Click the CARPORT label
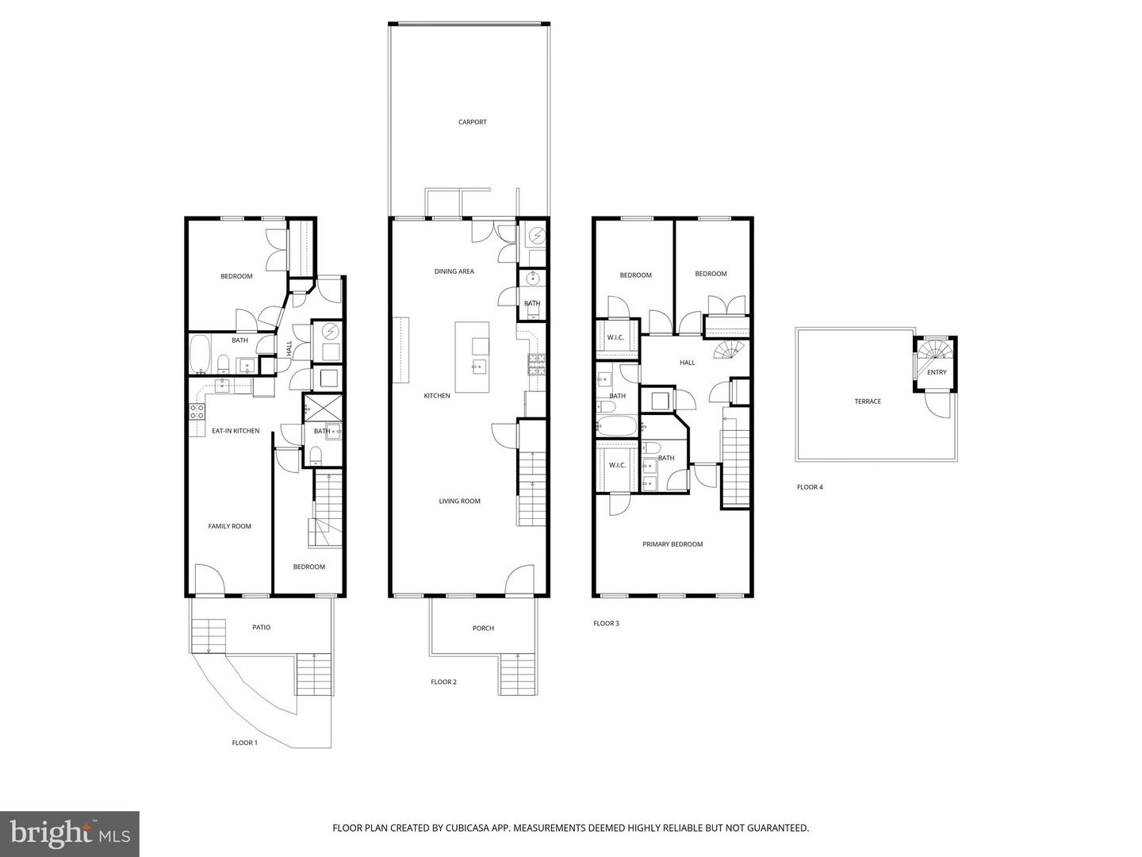(472, 122)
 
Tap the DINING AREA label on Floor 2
(454, 271)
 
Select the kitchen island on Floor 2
(472, 356)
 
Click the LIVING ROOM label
(459, 502)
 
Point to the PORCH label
(483, 628)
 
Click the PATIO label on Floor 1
(261, 628)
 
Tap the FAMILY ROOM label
(229, 526)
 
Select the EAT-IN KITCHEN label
(235, 431)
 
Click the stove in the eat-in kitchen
(197, 411)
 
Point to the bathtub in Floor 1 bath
(200, 354)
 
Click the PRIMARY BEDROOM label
(673, 544)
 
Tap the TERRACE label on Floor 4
(867, 402)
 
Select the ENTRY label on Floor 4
(937, 372)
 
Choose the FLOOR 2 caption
(443, 682)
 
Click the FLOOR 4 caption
(810, 487)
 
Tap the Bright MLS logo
(70, 833)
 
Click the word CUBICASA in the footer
(435, 828)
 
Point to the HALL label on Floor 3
(687, 363)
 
